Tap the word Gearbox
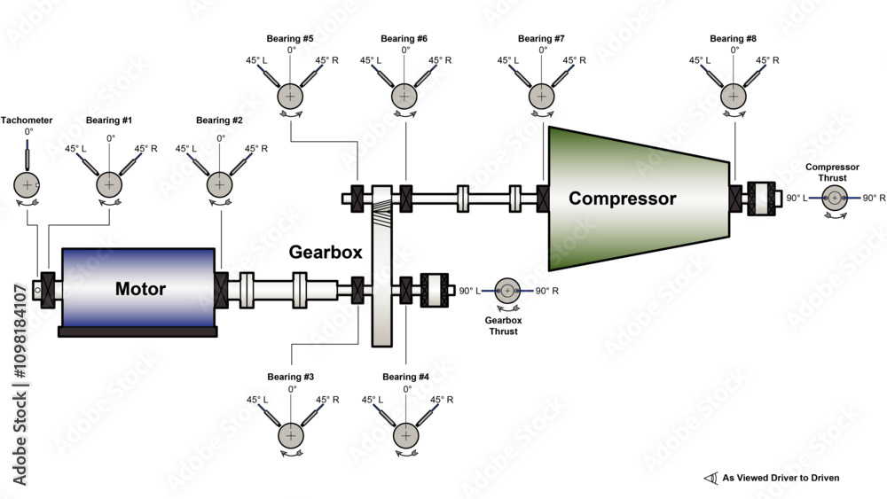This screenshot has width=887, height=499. point(326,252)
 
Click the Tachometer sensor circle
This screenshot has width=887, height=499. point(27,184)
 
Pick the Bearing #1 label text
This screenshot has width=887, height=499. point(109,120)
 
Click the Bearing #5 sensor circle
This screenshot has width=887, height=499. point(289,96)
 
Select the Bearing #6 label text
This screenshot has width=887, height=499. point(404,39)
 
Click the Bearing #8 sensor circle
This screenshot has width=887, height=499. point(734,96)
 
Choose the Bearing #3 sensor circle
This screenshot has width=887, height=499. point(291,435)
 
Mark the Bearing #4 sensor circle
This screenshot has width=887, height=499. point(406,435)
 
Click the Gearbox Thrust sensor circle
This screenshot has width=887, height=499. point(507,290)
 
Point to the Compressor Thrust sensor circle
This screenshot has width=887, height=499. point(834,198)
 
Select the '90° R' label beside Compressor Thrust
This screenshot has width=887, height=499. point(875,198)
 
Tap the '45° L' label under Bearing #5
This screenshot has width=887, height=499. point(257,60)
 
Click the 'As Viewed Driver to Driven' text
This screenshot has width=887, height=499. point(781,478)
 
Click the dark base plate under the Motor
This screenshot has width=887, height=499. point(137,331)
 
